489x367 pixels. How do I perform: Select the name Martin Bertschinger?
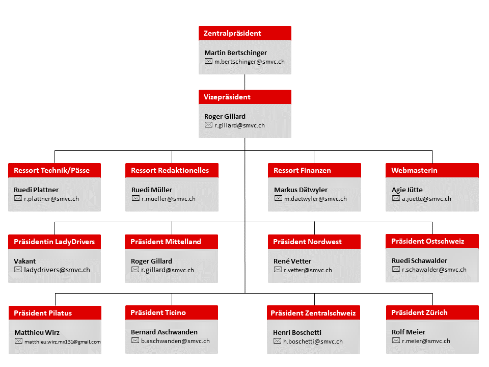click(x=235, y=53)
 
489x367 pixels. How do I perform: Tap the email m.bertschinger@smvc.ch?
click(x=250, y=62)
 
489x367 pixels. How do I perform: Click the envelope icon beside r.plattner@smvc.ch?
click(x=18, y=198)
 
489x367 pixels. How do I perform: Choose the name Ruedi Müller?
click(x=152, y=190)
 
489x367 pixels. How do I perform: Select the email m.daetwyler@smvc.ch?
click(x=315, y=199)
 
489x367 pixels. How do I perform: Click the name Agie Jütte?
click(x=407, y=190)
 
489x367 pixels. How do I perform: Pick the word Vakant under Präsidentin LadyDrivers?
click(x=24, y=261)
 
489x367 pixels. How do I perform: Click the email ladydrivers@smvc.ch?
click(x=57, y=270)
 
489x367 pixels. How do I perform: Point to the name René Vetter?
click(x=292, y=261)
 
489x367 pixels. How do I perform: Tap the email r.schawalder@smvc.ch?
click(x=434, y=270)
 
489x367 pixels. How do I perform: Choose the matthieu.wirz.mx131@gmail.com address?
click(x=62, y=342)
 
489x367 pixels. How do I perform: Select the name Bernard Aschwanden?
click(x=164, y=332)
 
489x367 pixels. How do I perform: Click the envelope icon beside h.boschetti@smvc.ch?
click(x=277, y=341)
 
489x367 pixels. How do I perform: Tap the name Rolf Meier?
click(x=408, y=332)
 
